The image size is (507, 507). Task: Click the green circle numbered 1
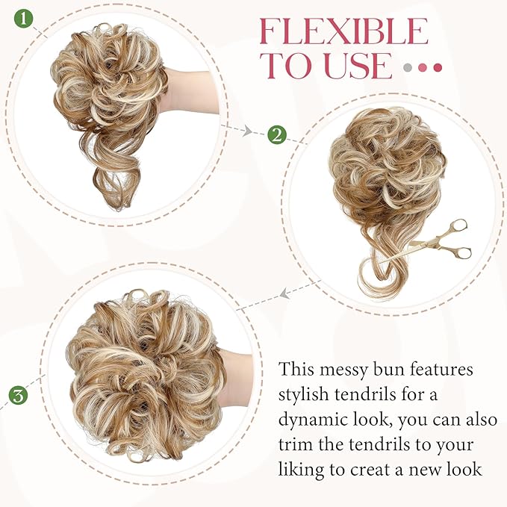click(25, 19)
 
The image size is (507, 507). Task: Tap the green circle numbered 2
click(276, 135)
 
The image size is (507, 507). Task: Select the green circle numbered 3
click(19, 394)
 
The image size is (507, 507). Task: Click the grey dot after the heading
click(408, 67)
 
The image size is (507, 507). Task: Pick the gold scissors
click(445, 240)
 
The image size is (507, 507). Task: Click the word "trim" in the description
click(296, 445)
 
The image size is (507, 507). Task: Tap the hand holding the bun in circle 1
click(187, 90)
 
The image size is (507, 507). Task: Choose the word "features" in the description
click(449, 370)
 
